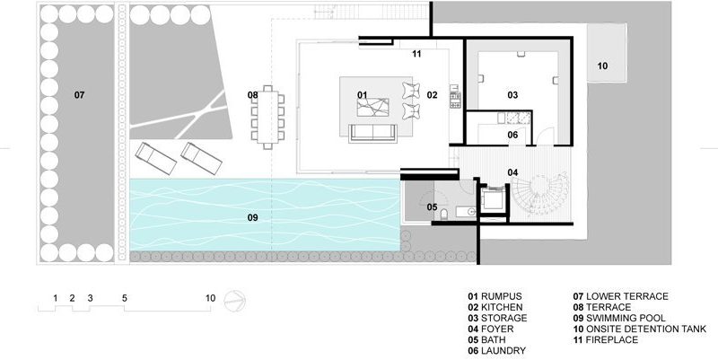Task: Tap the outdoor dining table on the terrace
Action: (x=267, y=118)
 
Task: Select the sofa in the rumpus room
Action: (x=372, y=133)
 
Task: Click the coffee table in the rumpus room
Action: (x=372, y=107)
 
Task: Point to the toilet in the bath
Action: (x=443, y=215)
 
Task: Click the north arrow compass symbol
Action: (x=235, y=302)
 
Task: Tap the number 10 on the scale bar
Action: (x=210, y=298)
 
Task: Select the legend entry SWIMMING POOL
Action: (x=619, y=318)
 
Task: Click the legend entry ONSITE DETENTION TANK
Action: (x=640, y=329)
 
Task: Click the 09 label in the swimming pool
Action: (x=253, y=217)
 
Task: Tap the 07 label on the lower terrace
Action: (x=79, y=95)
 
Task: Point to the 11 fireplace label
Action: (x=416, y=54)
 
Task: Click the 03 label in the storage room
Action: (x=512, y=95)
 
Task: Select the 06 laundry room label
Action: (x=512, y=135)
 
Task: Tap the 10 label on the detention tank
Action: (x=602, y=66)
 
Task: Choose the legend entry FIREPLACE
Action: (x=605, y=340)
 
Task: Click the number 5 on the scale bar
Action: (x=125, y=298)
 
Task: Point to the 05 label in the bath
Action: (x=432, y=207)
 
